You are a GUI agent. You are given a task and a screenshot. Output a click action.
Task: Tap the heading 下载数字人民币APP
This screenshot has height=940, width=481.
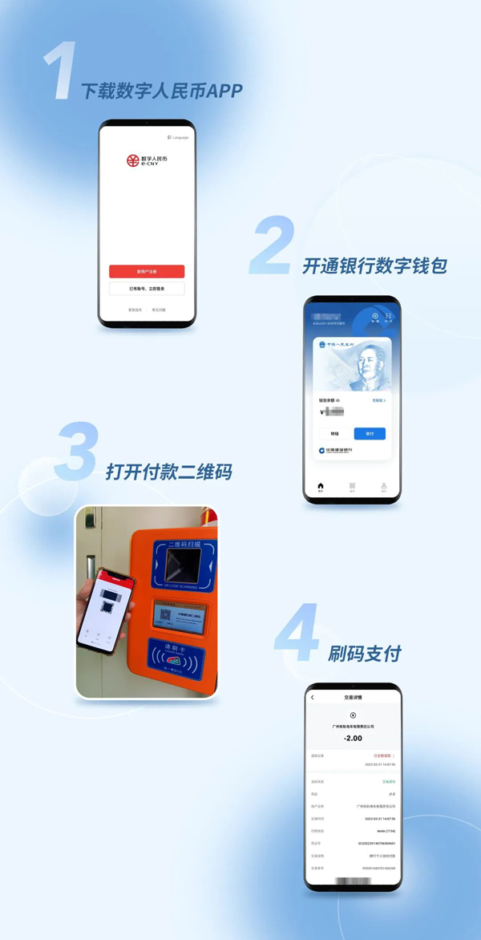pyautogui.click(x=161, y=91)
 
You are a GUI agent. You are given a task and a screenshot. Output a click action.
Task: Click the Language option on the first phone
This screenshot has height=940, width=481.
pyautogui.click(x=178, y=138)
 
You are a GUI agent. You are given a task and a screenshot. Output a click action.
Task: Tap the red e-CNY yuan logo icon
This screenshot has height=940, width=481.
pyautogui.click(x=133, y=161)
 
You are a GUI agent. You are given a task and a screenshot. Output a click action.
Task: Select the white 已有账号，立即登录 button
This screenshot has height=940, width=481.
pyautogui.click(x=147, y=288)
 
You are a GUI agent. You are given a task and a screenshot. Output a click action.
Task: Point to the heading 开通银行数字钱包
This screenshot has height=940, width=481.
pyautogui.click(x=374, y=266)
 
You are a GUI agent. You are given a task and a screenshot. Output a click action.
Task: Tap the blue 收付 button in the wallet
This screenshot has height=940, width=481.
pyautogui.click(x=370, y=434)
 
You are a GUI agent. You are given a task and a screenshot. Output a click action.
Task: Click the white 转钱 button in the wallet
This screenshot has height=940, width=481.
pyautogui.click(x=334, y=434)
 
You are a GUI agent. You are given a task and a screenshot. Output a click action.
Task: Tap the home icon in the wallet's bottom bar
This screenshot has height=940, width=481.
pyautogui.click(x=321, y=487)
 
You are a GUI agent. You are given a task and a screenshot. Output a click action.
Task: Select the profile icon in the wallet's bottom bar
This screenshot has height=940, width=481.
pyautogui.click(x=383, y=487)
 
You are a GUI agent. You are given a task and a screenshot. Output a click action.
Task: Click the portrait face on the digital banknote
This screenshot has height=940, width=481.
pyautogui.click(x=366, y=368)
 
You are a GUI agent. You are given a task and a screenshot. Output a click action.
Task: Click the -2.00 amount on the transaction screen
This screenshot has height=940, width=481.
pyautogui.click(x=353, y=738)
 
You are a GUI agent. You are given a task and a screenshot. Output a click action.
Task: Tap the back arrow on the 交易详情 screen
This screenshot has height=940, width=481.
pyautogui.click(x=313, y=698)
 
